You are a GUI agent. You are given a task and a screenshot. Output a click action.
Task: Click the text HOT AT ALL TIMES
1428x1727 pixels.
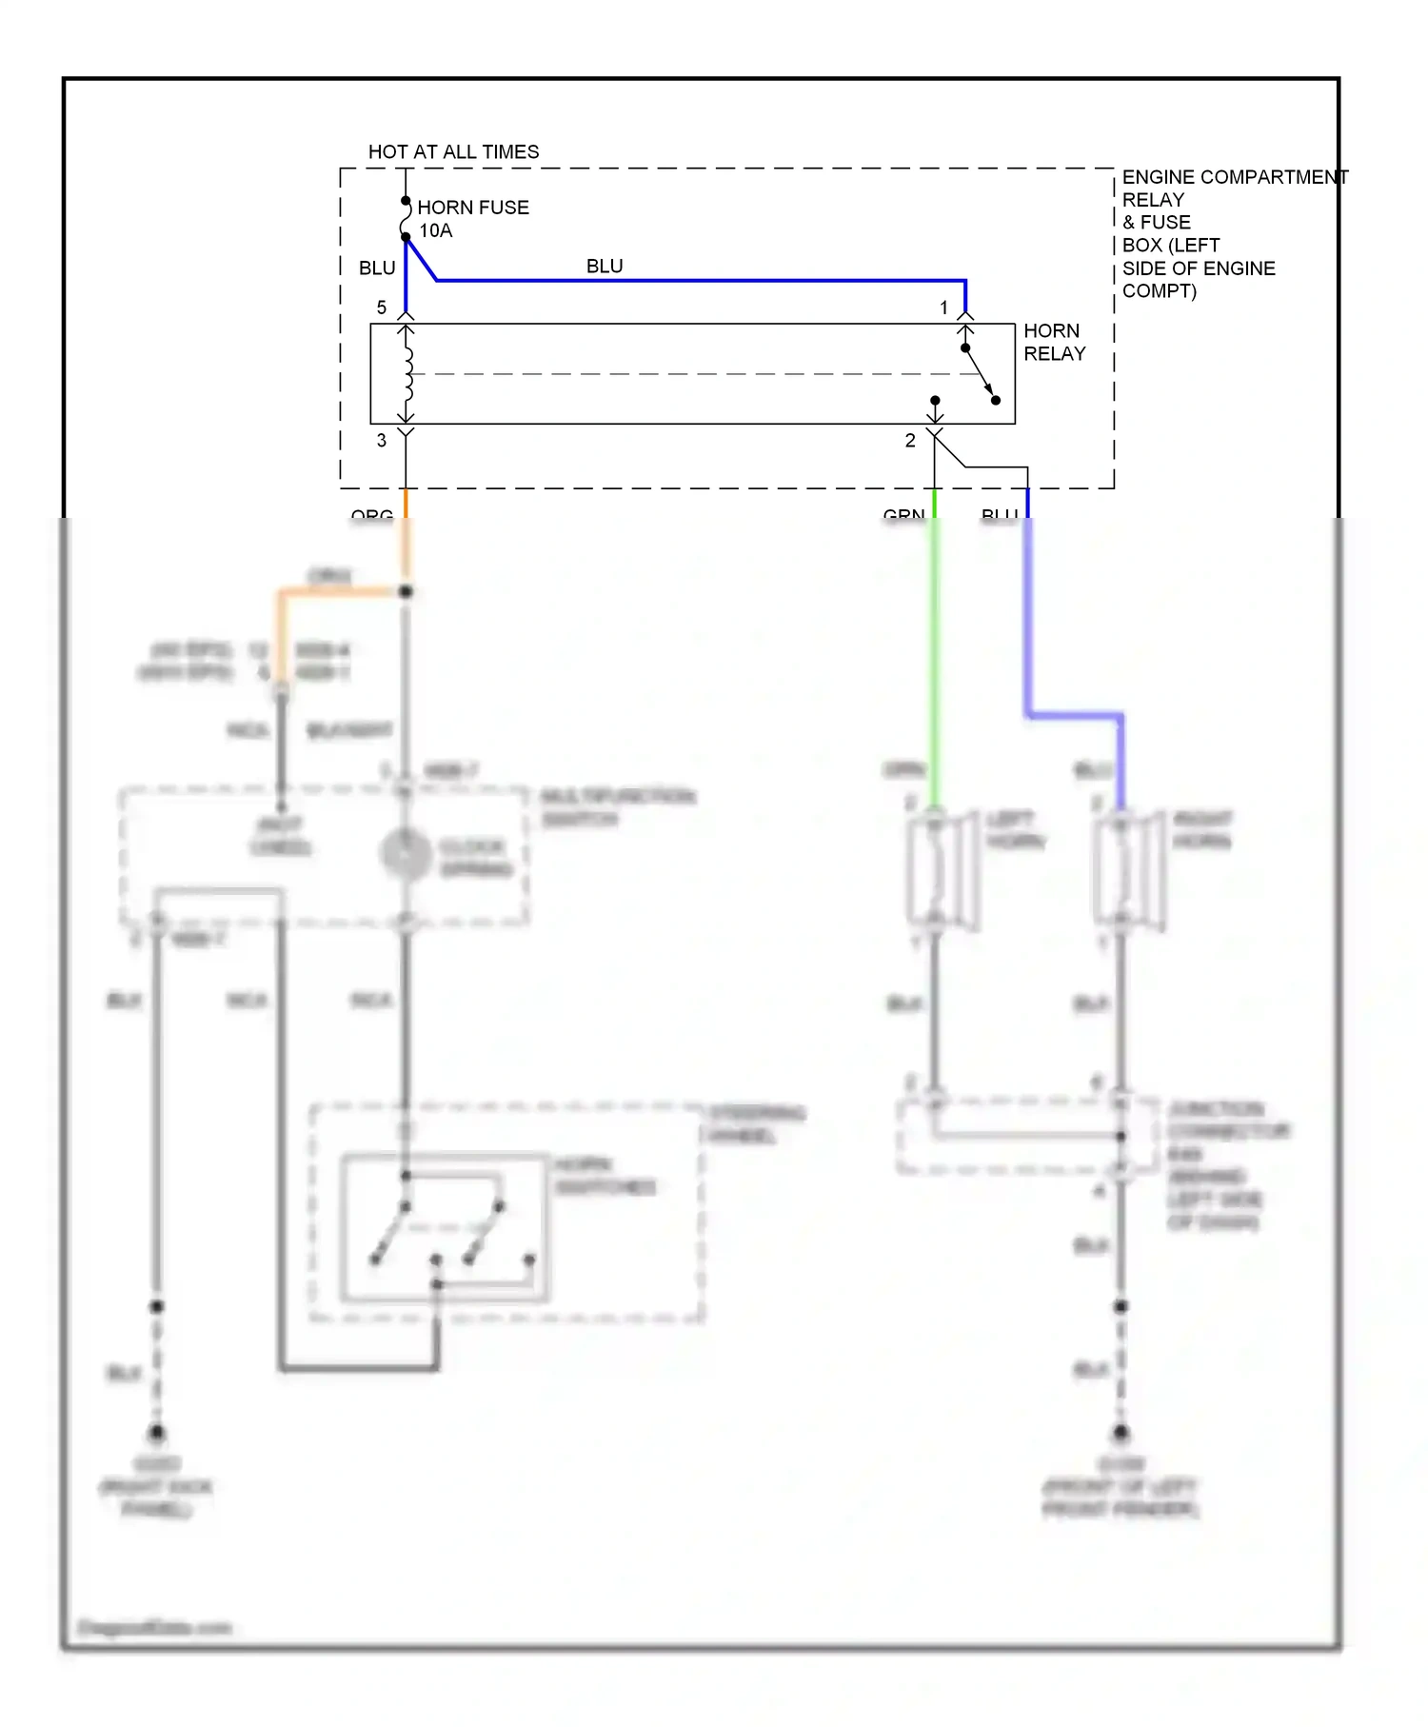tap(453, 152)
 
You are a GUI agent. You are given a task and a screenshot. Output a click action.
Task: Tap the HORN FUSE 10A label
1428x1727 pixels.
tap(472, 219)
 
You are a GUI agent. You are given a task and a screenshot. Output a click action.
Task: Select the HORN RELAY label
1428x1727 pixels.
tap(1054, 343)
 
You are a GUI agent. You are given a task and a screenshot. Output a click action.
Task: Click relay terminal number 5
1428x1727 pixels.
tap(382, 308)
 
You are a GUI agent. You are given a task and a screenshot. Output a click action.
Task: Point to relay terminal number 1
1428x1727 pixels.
tap(943, 308)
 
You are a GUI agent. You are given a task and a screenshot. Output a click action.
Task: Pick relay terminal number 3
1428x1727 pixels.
tap(382, 440)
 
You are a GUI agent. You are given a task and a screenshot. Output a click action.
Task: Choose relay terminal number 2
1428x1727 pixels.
tap(910, 440)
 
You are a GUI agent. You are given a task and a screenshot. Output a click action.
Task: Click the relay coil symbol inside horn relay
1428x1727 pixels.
tap(407, 373)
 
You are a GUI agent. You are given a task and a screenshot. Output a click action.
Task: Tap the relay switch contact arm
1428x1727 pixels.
tap(981, 374)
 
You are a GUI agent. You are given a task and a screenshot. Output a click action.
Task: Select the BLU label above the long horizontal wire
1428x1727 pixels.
tap(605, 267)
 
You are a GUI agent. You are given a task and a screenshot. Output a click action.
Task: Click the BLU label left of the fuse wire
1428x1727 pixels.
tap(377, 268)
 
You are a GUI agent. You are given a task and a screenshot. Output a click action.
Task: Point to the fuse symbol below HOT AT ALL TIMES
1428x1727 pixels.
tap(406, 219)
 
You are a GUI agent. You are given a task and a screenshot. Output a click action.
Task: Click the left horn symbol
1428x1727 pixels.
tap(942, 868)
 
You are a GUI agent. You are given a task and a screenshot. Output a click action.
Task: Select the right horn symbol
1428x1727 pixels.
tap(1129, 868)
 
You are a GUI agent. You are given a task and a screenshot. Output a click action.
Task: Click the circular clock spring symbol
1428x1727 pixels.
tap(407, 854)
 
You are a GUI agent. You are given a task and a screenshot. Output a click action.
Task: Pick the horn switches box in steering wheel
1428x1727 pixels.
tap(445, 1228)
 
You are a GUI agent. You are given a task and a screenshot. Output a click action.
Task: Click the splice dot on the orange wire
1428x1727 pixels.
tap(406, 591)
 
